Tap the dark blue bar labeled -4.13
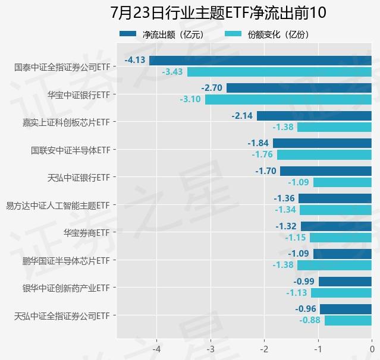[x=260, y=60]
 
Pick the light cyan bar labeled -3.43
[x=279, y=72]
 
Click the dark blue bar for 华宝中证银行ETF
[x=299, y=88]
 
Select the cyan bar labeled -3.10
[x=288, y=99]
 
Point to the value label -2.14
[x=242, y=115]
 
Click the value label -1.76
[x=262, y=154]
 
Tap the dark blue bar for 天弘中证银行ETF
[x=326, y=171]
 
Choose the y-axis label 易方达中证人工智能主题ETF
[x=58, y=205]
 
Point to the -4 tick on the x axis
[x=157, y=349]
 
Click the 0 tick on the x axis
[x=372, y=349]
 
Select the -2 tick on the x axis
[x=265, y=349]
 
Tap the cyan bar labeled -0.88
[x=348, y=321]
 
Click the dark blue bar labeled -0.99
[x=345, y=282]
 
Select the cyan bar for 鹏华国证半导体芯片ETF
[x=334, y=266]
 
